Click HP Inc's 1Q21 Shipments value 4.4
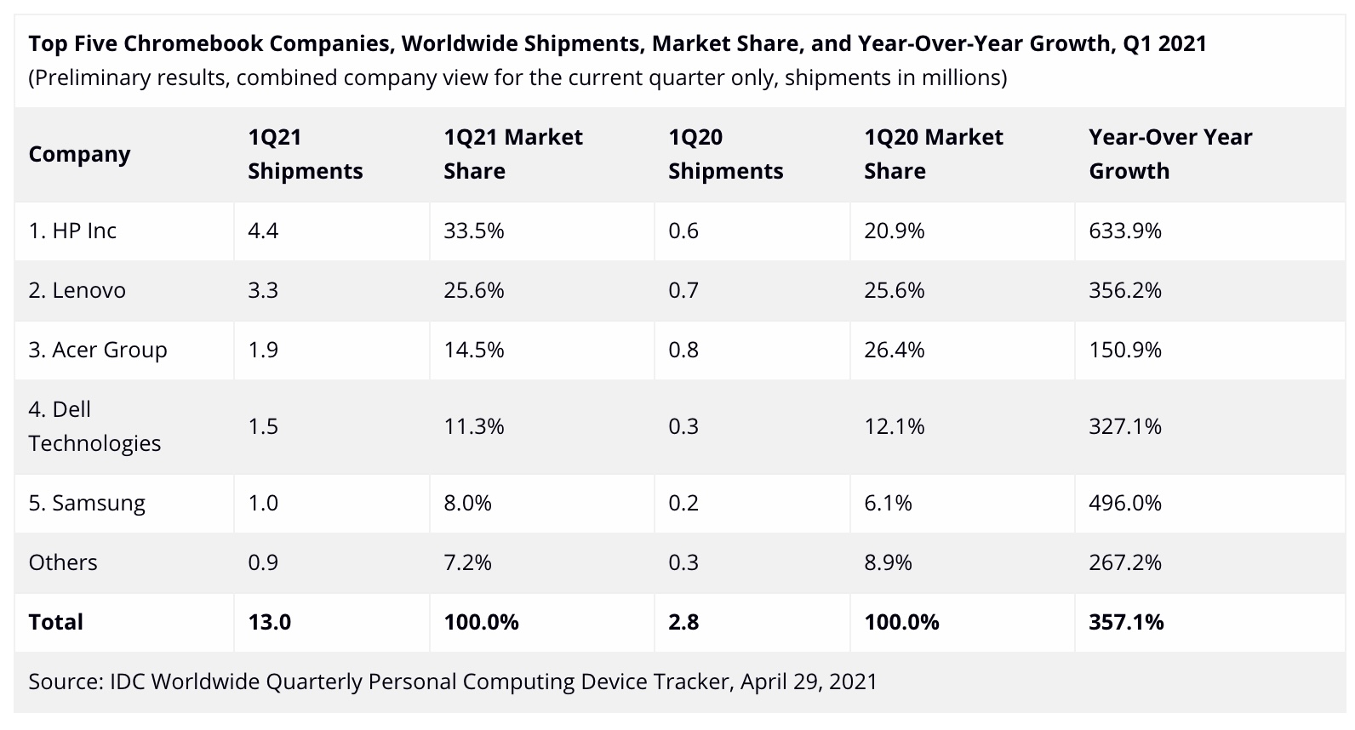click(x=263, y=231)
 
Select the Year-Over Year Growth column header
click(x=1169, y=154)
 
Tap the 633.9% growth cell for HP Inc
click(x=1124, y=231)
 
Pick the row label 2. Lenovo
click(x=77, y=290)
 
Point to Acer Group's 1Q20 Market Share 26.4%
click(x=894, y=350)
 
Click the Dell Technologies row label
click(x=94, y=426)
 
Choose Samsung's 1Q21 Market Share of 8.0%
click(x=467, y=503)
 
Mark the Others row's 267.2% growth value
click(x=1124, y=562)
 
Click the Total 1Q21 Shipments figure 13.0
click(x=269, y=622)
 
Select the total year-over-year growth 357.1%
click(x=1125, y=622)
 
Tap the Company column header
click(x=79, y=154)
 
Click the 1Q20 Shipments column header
click(x=725, y=154)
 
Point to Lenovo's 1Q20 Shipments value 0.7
click(x=683, y=290)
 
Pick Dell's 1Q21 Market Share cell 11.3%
click(x=473, y=426)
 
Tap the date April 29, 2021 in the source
click(x=808, y=682)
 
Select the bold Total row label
click(x=55, y=622)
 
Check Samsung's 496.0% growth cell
click(x=1124, y=503)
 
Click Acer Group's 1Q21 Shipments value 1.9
click(x=263, y=350)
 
